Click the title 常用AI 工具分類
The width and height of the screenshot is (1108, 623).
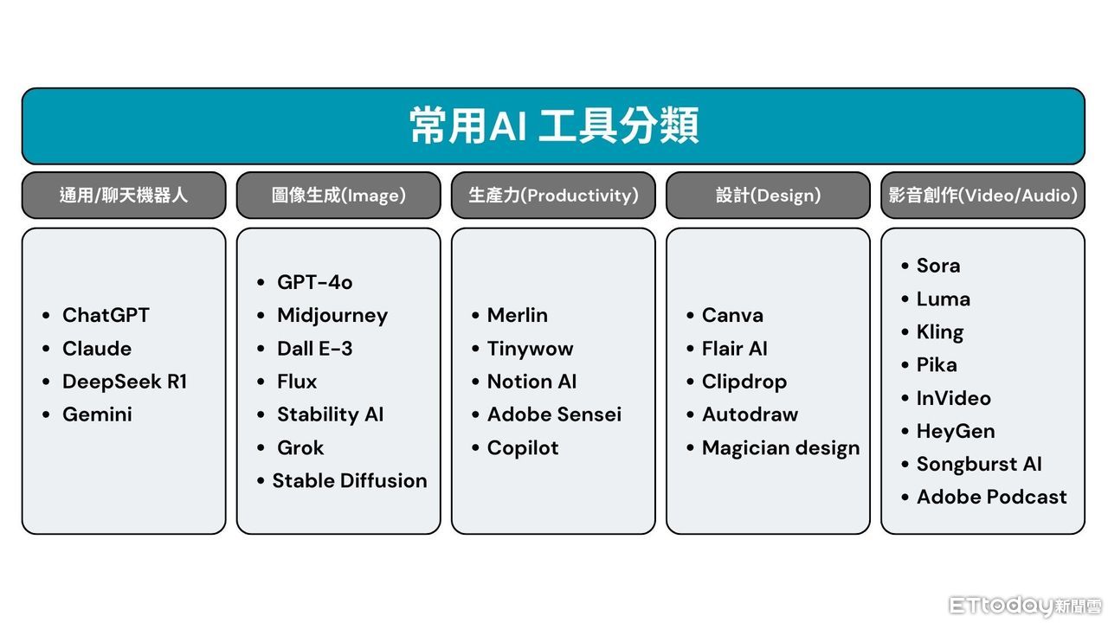tap(554, 125)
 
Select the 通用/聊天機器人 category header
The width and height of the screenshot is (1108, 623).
tap(124, 196)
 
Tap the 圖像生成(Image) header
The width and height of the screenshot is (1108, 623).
tap(338, 196)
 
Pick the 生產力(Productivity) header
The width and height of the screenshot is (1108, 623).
tap(553, 196)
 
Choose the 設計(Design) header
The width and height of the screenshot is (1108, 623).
tap(768, 196)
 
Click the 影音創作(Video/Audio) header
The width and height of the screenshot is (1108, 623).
tap(982, 196)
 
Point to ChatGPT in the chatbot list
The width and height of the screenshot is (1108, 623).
tap(106, 316)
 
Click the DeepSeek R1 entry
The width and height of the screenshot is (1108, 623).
tap(125, 382)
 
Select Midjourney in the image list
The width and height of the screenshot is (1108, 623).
tap(332, 317)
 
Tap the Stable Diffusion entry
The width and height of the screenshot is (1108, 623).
tap(350, 480)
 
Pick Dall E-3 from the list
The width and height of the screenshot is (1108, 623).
tap(314, 349)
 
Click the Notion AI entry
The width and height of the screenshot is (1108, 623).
tap(531, 382)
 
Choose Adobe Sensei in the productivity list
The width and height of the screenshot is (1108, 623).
tap(555, 414)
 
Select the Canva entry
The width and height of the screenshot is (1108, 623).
tap(732, 316)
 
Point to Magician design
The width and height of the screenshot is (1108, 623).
tap(781, 448)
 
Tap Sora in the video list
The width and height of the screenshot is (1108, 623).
tap(938, 266)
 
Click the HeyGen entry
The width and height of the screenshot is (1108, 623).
tap(956, 432)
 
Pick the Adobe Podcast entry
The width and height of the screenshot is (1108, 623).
tap(992, 497)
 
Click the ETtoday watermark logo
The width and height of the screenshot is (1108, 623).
tap(1026, 606)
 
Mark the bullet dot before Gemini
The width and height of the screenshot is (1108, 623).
tap(46, 414)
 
